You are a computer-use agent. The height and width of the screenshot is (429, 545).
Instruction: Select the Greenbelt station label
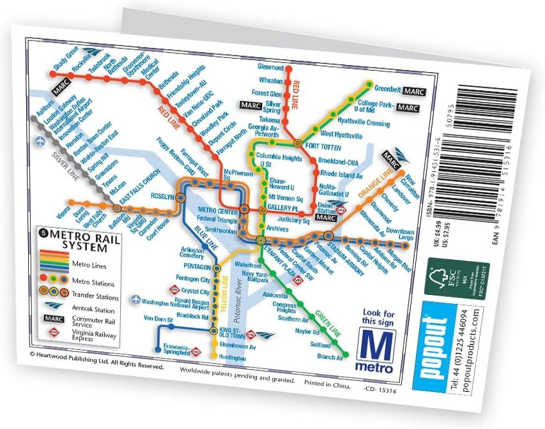click(x=387, y=90)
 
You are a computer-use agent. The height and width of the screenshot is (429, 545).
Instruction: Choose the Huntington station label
click(x=232, y=358)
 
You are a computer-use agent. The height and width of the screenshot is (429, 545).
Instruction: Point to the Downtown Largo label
click(x=400, y=234)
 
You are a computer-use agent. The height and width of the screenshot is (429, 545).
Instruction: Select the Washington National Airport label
click(x=169, y=304)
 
